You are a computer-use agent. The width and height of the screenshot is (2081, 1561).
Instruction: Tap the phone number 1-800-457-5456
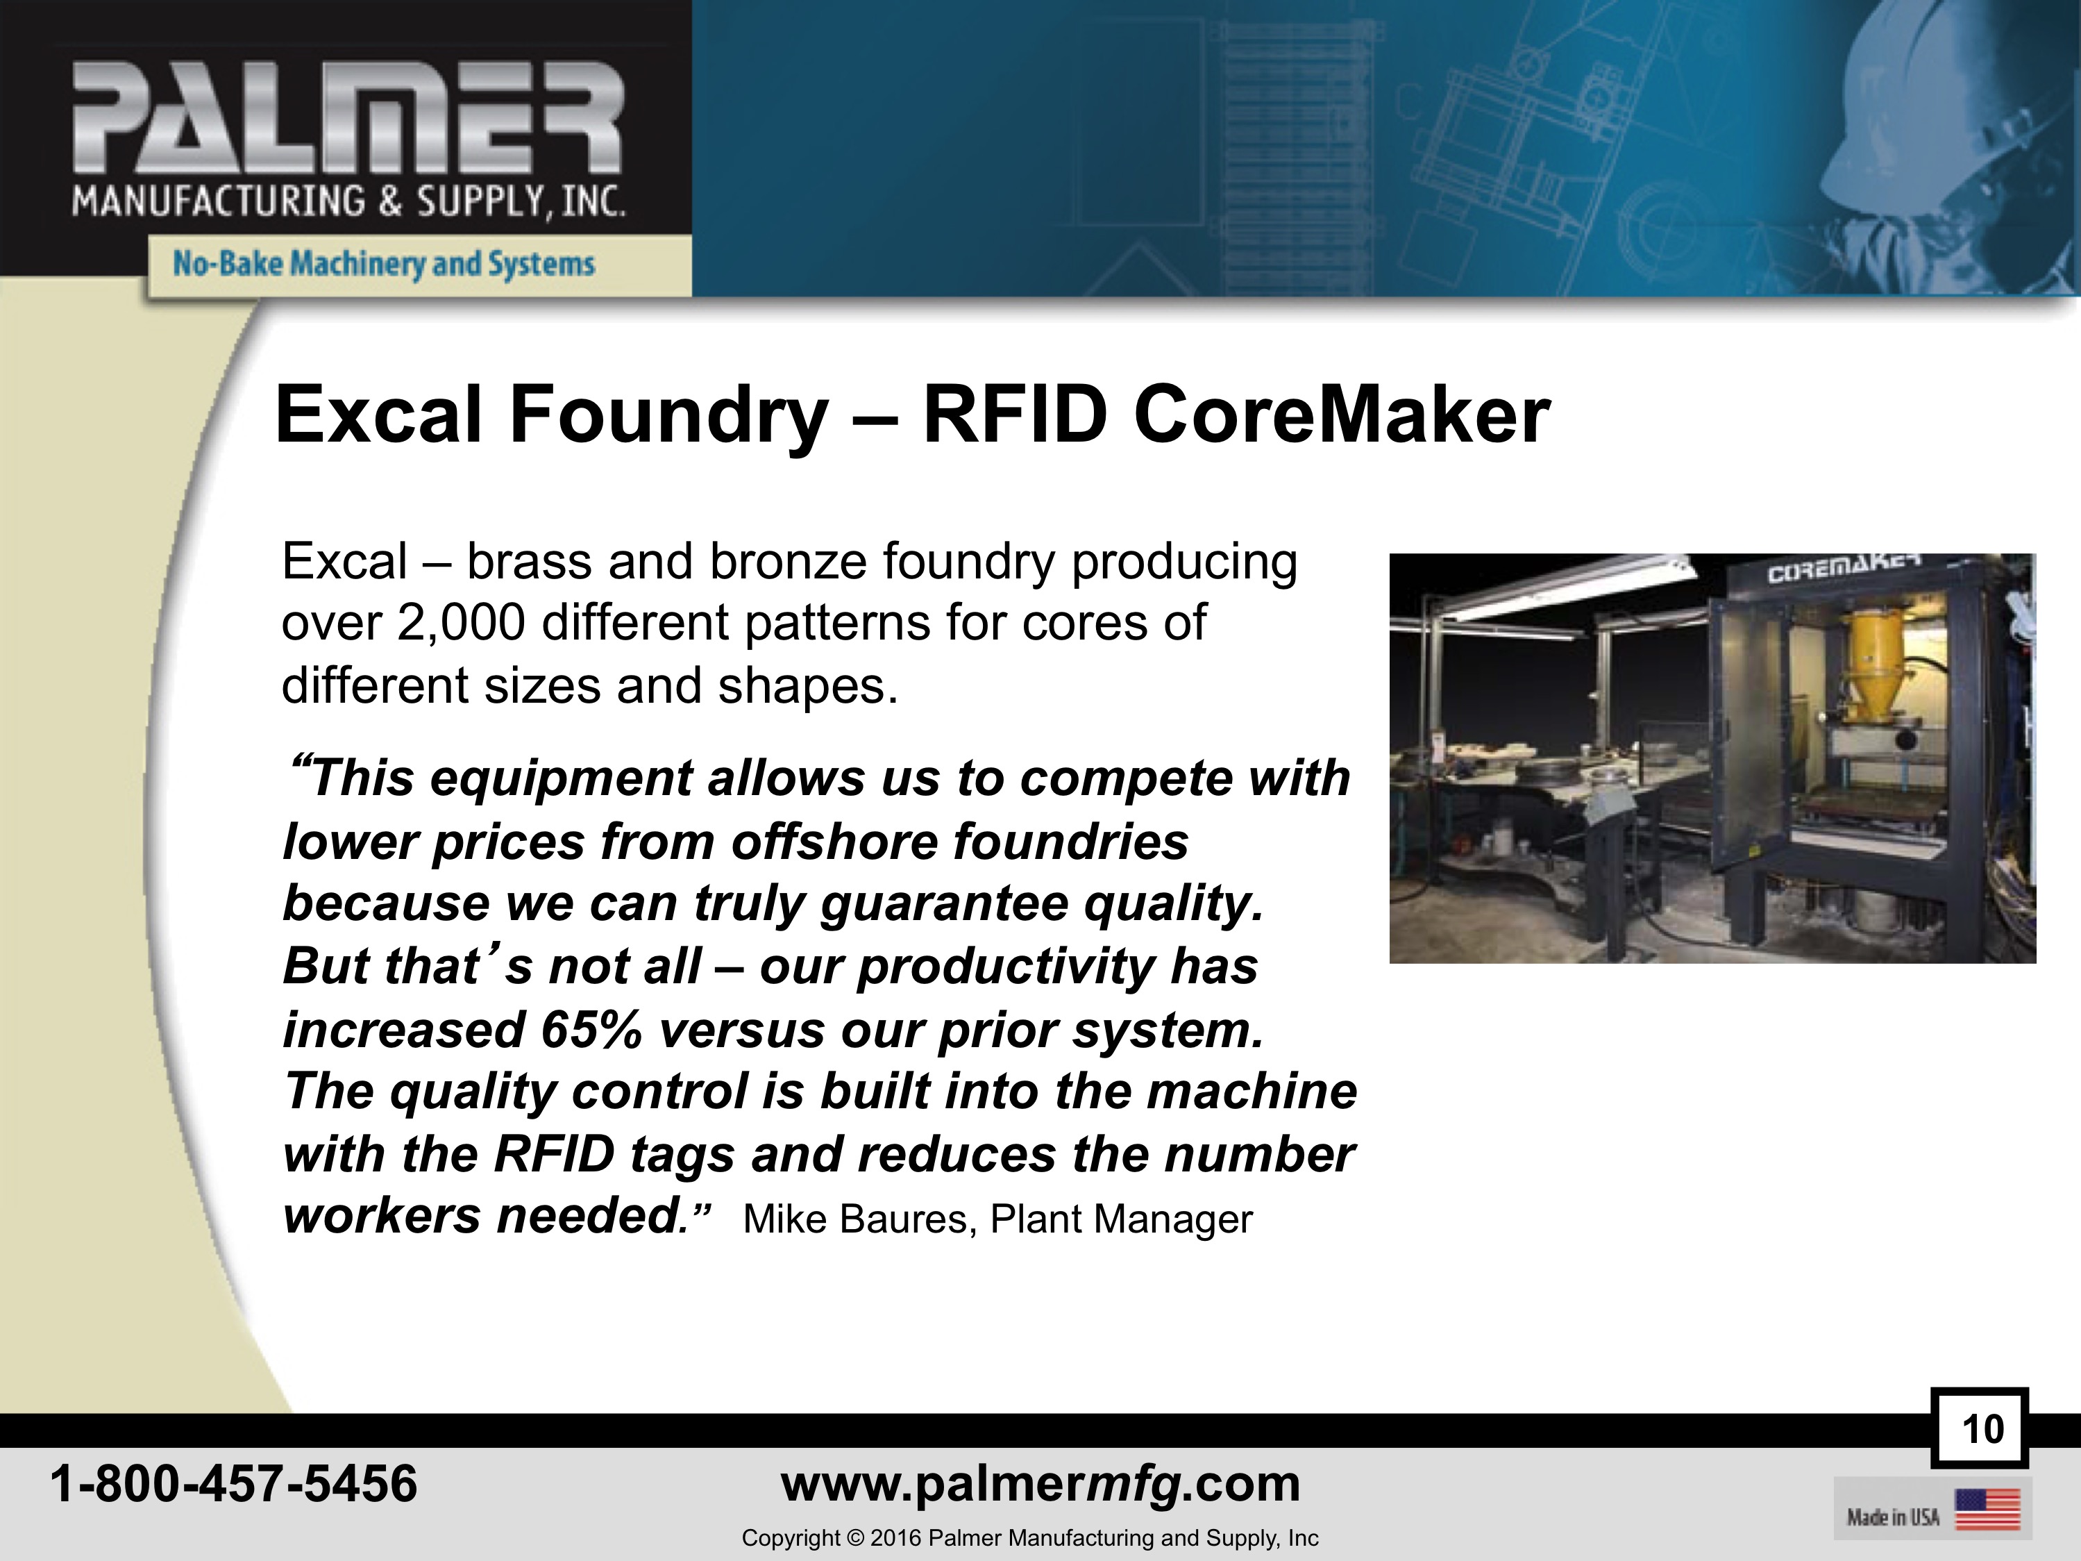pyautogui.click(x=233, y=1483)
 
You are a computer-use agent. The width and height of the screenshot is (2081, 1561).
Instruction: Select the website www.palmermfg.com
pyautogui.click(x=1040, y=1485)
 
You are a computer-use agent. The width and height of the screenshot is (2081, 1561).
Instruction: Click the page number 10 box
pyautogui.click(x=1980, y=1428)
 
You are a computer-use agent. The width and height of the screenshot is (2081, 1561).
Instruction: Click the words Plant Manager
pyautogui.click(x=1122, y=1219)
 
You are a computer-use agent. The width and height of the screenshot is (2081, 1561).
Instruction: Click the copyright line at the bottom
pyautogui.click(x=1030, y=1537)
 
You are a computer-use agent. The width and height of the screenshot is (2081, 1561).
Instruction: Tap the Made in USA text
pyautogui.click(x=1893, y=1517)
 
